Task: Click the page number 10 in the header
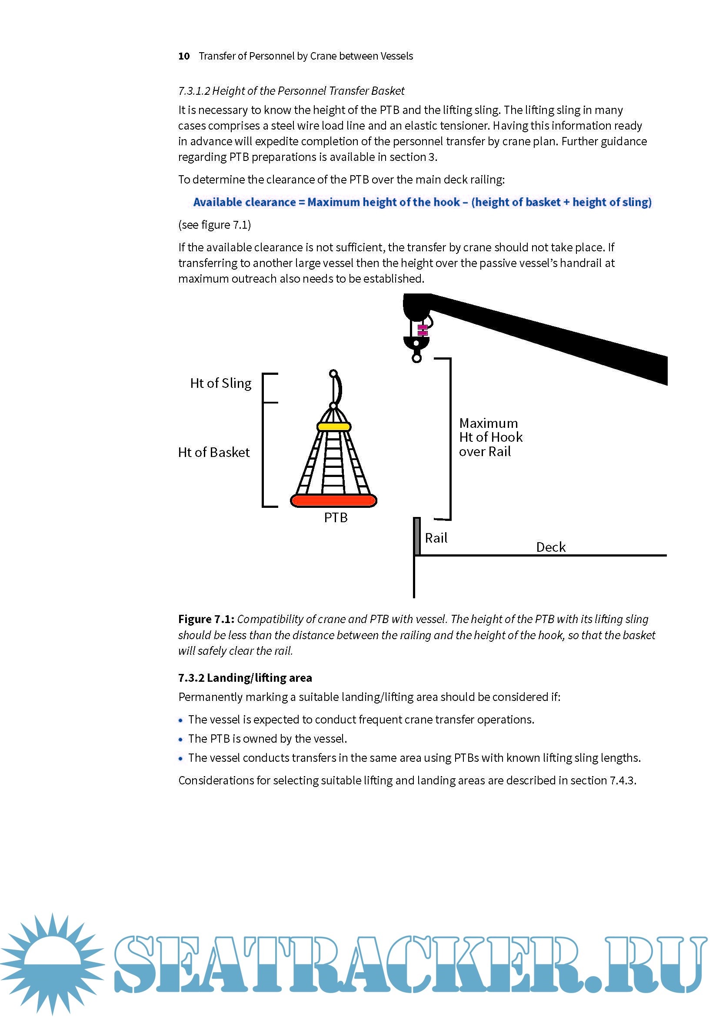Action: [x=184, y=56]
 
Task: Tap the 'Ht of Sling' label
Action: [x=220, y=383]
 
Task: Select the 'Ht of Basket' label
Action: [x=214, y=452]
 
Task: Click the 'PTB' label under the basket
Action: [x=336, y=517]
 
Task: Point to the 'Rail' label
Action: [x=436, y=538]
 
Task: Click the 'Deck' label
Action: [x=551, y=547]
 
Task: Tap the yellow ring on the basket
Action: [x=334, y=427]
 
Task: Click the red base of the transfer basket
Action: [x=333, y=501]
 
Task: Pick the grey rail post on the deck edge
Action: [x=416, y=536]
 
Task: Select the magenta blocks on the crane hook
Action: [x=423, y=330]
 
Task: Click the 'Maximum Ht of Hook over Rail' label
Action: [x=490, y=437]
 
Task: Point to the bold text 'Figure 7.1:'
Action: [x=206, y=619]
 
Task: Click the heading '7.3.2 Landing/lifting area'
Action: [x=245, y=678]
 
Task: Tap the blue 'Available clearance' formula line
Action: [x=422, y=202]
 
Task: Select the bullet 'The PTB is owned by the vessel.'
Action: [x=267, y=738]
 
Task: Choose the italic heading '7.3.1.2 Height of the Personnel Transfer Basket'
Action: [x=291, y=91]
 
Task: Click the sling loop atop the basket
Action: [x=335, y=389]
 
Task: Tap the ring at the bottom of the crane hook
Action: [x=416, y=358]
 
